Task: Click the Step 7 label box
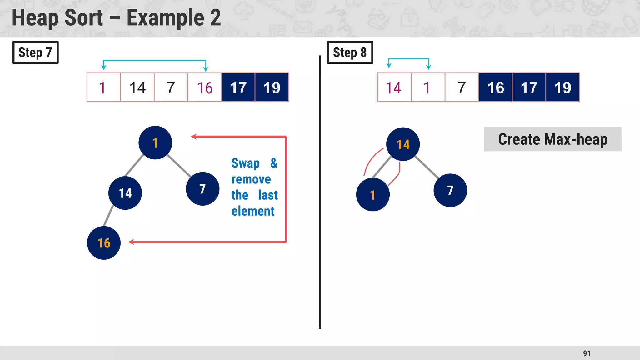tap(35, 52)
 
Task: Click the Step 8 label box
tap(350, 52)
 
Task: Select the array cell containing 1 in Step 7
tap(104, 87)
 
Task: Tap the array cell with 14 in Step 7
tap(137, 87)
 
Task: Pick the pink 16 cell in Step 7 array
tap(205, 87)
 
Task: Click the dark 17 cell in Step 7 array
tap(238, 87)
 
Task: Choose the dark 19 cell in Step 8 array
tap(562, 87)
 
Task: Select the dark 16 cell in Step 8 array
tap(495, 87)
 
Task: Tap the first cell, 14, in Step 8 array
tap(394, 87)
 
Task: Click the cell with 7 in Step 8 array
tap(462, 87)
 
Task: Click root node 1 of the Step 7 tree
tap(155, 143)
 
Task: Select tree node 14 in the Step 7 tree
tap(125, 193)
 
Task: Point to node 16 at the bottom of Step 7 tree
tap(104, 243)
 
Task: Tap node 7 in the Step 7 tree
tap(202, 189)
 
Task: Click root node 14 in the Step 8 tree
tap(403, 144)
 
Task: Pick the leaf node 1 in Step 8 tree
tap(373, 195)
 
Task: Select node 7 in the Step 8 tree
tap(450, 190)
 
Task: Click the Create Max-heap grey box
tap(552, 139)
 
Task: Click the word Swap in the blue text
tap(245, 163)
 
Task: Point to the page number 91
tap(587, 353)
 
